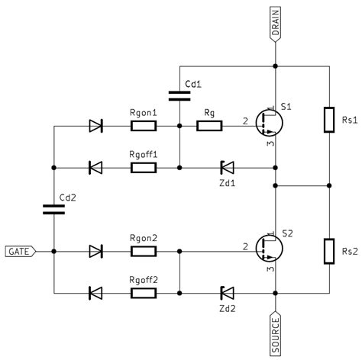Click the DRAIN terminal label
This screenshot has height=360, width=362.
tap(275, 24)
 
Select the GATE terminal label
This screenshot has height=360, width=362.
tap(21, 252)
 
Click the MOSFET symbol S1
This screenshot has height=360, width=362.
tap(269, 123)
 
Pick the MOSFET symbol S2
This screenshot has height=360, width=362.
tap(269, 249)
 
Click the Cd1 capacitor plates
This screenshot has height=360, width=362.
tap(179, 96)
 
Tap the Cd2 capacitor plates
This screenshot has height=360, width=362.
tap(53, 210)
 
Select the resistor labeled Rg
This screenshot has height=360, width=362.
tap(209, 126)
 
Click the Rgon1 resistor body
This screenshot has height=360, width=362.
tap(144, 126)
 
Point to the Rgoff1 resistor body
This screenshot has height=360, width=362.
tap(144, 168)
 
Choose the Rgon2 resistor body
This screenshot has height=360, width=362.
tap(144, 252)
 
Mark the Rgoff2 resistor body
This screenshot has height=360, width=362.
tap(144, 293)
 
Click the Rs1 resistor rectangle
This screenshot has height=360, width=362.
tap(329, 120)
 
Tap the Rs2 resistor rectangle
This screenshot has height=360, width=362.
tap(329, 252)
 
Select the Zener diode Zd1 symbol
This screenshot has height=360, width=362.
tap(227, 168)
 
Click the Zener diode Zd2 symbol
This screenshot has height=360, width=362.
tap(227, 293)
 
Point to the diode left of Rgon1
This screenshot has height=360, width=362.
tap(95, 126)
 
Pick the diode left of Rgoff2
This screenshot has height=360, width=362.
tap(95, 293)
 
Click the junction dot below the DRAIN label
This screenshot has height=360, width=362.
tap(275, 66)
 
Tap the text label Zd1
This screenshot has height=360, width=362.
tap(228, 183)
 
